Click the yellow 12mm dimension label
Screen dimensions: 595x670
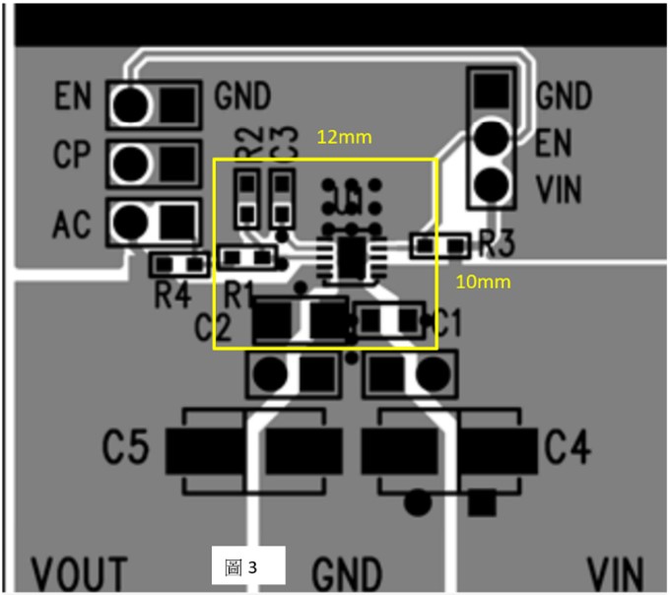point(344,138)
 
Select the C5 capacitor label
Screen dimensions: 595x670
point(127,449)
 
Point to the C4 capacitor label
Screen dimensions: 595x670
point(568,449)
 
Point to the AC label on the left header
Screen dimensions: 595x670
point(73,224)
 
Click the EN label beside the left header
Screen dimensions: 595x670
point(73,97)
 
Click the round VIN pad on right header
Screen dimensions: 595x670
point(492,183)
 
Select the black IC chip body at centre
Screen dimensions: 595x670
point(350,254)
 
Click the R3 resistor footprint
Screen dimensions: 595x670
point(440,244)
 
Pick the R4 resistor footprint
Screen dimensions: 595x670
point(179,264)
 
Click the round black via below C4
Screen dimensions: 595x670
point(418,502)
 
